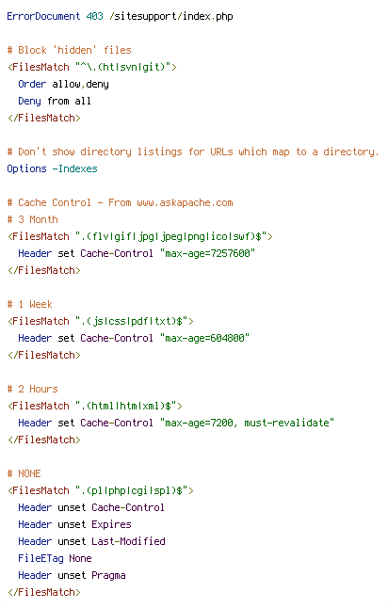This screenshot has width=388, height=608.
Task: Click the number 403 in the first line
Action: coord(95,16)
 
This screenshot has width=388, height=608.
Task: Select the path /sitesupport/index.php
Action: coord(171,17)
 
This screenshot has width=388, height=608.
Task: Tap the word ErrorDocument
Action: coord(43,16)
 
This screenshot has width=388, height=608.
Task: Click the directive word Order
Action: coord(32,84)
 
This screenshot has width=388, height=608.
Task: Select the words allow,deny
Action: coord(80,84)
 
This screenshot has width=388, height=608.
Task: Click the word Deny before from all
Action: coord(29,102)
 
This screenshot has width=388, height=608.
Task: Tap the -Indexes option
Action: coord(75,168)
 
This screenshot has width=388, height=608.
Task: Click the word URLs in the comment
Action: coord(221,152)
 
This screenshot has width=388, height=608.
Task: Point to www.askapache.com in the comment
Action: coord(185,202)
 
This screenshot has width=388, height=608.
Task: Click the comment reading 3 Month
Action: coord(38,219)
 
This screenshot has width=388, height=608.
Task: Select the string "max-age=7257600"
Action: coord(207,253)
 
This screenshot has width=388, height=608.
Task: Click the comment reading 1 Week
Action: coord(35,304)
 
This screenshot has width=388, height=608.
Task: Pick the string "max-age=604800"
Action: coord(205,338)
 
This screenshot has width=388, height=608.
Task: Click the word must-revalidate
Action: coord(286,423)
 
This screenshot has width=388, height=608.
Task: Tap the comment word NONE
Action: coord(29,473)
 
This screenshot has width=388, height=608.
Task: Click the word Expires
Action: coord(111,524)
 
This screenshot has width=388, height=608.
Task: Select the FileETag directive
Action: coord(40,558)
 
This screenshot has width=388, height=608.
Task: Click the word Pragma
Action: coord(108,575)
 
